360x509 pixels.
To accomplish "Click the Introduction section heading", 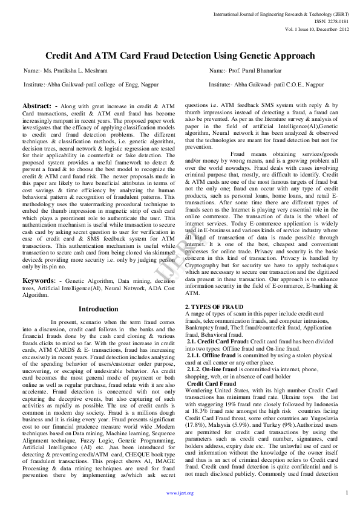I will point(99,309).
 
